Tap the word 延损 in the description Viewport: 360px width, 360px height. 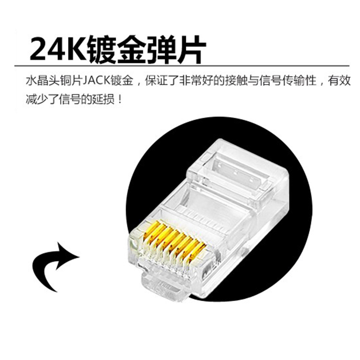click(106, 99)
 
